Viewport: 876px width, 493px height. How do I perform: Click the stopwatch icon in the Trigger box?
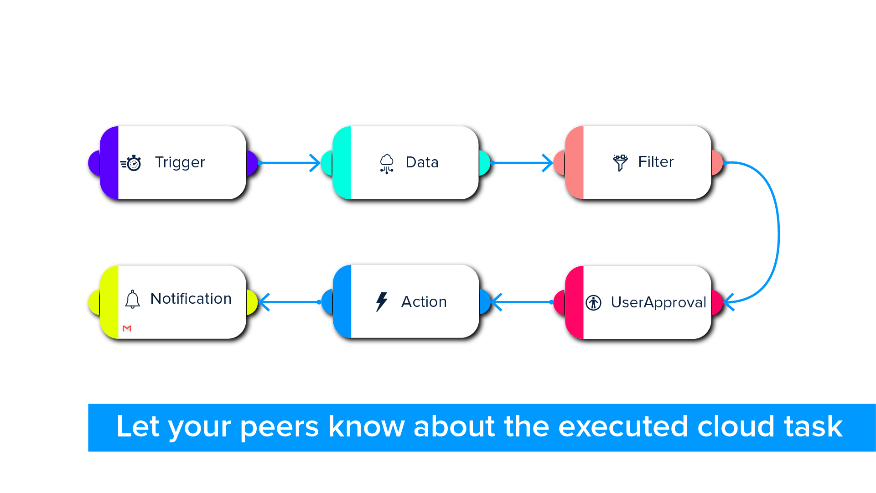click(x=131, y=163)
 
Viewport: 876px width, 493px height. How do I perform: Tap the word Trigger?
click(x=180, y=163)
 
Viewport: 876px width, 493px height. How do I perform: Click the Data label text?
click(x=422, y=162)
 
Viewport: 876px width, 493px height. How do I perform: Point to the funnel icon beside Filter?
click(x=620, y=163)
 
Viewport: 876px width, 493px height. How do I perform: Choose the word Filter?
click(x=656, y=162)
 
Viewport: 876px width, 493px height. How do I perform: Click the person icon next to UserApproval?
click(x=594, y=302)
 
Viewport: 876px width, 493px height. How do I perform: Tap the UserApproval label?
click(x=658, y=302)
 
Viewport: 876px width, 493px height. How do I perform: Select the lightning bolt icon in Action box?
click(x=382, y=302)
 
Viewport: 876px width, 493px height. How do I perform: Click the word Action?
click(x=424, y=302)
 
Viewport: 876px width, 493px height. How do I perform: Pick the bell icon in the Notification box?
click(x=133, y=299)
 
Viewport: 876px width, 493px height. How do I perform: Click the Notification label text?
click(x=191, y=299)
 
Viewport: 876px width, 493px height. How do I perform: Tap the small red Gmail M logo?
click(x=127, y=328)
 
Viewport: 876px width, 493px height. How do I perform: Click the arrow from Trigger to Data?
click(x=289, y=163)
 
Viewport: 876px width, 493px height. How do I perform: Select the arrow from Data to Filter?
click(x=522, y=163)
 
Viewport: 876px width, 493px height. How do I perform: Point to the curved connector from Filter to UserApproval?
click(x=778, y=233)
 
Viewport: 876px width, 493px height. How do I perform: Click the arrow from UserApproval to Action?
click(x=523, y=302)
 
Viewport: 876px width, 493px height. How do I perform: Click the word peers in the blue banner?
click(x=280, y=427)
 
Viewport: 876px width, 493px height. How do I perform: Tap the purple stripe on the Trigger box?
click(x=109, y=163)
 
